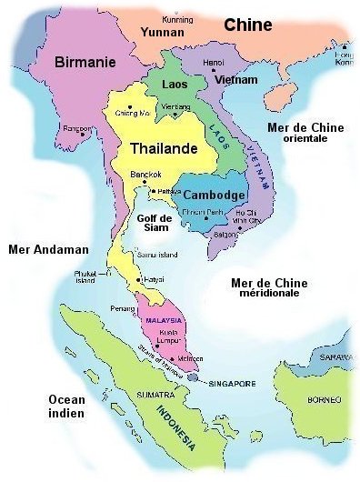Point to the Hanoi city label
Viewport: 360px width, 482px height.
point(214,63)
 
